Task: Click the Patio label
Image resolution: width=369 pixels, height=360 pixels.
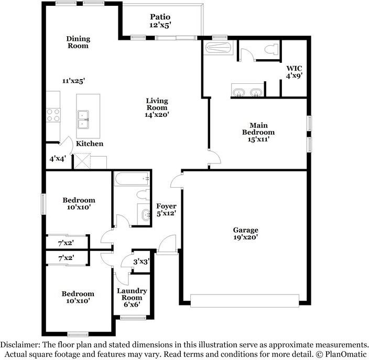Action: (160, 17)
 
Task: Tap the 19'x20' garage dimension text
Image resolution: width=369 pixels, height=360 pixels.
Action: (246, 237)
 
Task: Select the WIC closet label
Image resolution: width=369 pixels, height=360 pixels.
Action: (294, 69)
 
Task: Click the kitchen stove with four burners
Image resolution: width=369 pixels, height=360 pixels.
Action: (53, 115)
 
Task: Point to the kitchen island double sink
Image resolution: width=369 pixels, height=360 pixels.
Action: (83, 119)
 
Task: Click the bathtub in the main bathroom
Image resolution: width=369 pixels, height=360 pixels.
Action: (218, 48)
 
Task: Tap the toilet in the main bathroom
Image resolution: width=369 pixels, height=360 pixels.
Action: (272, 49)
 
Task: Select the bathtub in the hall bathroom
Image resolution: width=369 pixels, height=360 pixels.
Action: (132, 179)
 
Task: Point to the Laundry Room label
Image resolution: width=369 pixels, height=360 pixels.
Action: (132, 294)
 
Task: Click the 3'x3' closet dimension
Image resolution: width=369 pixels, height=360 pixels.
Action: (142, 261)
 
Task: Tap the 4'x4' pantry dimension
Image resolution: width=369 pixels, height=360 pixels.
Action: (58, 159)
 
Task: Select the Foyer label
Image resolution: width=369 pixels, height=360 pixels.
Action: (166, 206)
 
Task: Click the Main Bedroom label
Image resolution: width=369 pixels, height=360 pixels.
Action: (258, 129)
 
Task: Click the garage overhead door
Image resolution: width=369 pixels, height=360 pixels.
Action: (245, 300)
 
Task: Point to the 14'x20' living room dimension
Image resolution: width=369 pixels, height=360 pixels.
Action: (157, 115)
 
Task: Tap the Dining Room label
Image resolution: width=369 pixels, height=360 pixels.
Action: (78, 42)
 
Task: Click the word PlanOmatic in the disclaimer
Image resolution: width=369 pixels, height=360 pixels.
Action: (346, 354)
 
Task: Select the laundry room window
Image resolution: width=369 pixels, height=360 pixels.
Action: (133, 318)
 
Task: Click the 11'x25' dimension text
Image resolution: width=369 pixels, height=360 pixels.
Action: (74, 81)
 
